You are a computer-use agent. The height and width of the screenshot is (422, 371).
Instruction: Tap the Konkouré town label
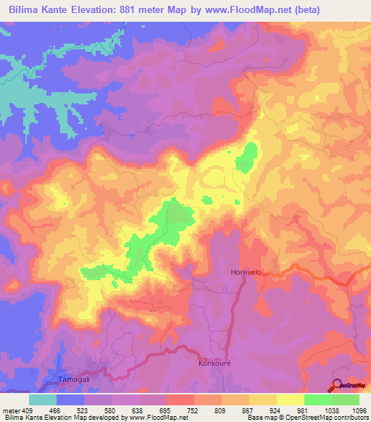click(x=214, y=363)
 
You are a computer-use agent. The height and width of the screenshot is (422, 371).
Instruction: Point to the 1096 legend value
click(x=357, y=410)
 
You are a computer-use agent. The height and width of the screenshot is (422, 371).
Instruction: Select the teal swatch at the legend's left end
click(x=43, y=399)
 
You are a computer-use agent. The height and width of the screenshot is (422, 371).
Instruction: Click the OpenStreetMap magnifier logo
click(x=338, y=386)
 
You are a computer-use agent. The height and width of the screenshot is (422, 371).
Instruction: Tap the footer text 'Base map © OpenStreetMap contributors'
click(x=307, y=418)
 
